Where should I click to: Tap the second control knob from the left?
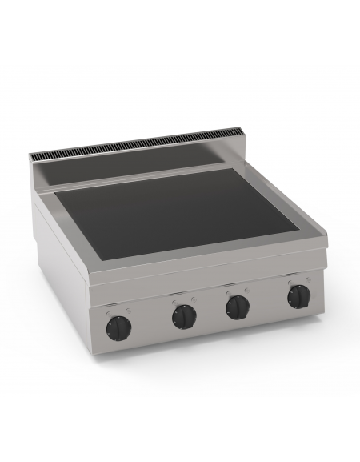pyautogui.click(x=184, y=315)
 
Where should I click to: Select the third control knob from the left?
pyautogui.click(x=238, y=307)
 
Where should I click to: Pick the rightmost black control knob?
pyautogui.click(x=298, y=297)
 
